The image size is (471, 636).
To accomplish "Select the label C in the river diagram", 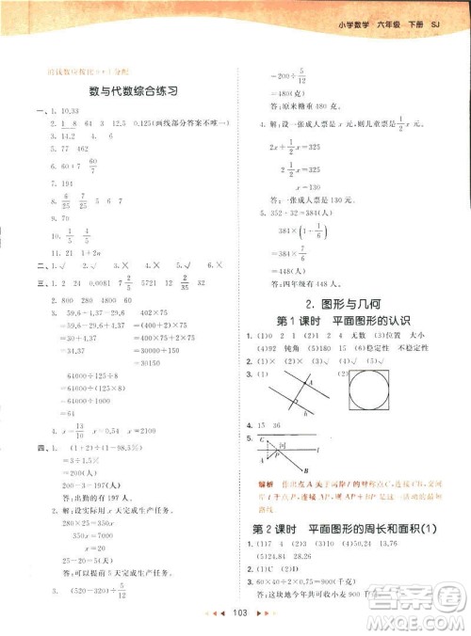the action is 260,438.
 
